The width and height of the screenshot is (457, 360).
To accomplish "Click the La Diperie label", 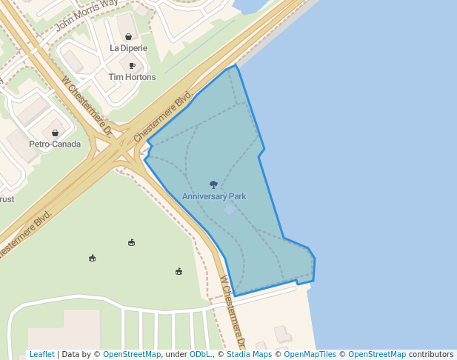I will pyautogui.click(x=128, y=48).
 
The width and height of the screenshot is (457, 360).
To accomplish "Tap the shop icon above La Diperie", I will pyautogui.click(x=129, y=36).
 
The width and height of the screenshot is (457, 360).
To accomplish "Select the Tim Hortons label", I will pyautogui.click(x=132, y=77).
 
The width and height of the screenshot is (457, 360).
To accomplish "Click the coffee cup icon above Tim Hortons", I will pyautogui.click(x=132, y=66).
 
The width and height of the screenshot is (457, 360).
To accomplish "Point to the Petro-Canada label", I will pyautogui.click(x=55, y=144).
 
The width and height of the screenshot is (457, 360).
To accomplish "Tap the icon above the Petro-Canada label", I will pyautogui.click(x=55, y=133).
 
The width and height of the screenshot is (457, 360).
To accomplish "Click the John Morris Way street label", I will pyautogui.click(x=87, y=13).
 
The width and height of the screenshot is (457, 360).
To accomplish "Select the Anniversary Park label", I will pyautogui.click(x=214, y=196).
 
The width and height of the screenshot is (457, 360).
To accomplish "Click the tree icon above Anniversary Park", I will pyautogui.click(x=214, y=184).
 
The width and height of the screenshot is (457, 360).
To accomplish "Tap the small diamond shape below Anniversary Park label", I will pyautogui.click(x=230, y=210).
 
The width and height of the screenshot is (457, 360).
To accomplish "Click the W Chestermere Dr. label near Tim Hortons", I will pyautogui.click(x=87, y=107).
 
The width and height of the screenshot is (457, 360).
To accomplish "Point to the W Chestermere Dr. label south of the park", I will pyautogui.click(x=232, y=312).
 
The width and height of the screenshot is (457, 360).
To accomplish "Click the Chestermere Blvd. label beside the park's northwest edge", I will pyautogui.click(x=164, y=116).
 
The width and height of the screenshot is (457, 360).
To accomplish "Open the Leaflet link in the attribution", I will pyautogui.click(x=42, y=355).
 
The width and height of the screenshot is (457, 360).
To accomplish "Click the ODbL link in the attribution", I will pyautogui.click(x=200, y=355).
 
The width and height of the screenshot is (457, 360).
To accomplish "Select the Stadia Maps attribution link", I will pyautogui.click(x=248, y=355).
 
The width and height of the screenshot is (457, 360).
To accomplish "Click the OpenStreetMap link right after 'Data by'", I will pyautogui.click(x=132, y=355).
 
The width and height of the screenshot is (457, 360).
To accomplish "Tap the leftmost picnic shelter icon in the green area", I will pyautogui.click(x=92, y=258).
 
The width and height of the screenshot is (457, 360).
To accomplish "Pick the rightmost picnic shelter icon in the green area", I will pyautogui.click(x=179, y=272).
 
